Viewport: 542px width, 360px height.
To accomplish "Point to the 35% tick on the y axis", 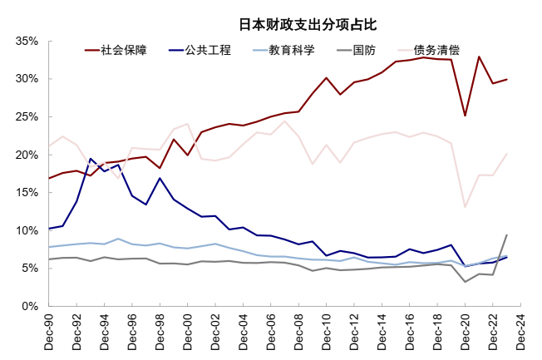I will coord(27,41).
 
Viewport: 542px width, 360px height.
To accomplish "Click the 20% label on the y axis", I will coord(27,155).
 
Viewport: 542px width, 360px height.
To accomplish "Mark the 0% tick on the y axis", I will coord(31,306).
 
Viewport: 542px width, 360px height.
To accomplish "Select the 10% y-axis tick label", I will coord(27,230).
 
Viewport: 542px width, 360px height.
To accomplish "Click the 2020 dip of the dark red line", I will coord(466,116).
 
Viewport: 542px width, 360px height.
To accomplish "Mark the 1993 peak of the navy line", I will coord(91,159).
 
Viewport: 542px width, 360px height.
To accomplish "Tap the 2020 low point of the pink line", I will coord(466,207).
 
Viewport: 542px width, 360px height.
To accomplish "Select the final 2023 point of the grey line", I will coord(506,234).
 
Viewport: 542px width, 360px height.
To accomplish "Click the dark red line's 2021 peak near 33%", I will coord(479,57).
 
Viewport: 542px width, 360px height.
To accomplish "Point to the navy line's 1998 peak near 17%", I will coord(160,178).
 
